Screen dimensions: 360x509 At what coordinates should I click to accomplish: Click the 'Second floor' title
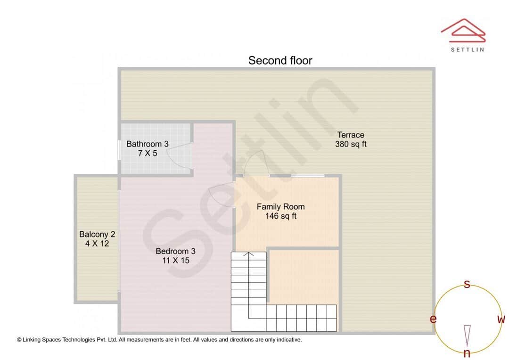point(280,60)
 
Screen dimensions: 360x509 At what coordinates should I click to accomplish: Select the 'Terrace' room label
point(351,135)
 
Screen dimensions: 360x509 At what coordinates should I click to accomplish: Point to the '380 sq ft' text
point(351,145)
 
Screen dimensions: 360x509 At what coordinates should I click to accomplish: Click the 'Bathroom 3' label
point(147,144)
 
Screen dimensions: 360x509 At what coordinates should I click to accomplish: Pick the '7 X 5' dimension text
point(148,153)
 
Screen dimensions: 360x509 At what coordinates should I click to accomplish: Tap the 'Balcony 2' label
point(97,234)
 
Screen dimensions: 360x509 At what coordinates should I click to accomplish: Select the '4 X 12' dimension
point(97,244)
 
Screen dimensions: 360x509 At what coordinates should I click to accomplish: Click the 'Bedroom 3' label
point(175,251)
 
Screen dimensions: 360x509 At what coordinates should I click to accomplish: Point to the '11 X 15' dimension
point(175,260)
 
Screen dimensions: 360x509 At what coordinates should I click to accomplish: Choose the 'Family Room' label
point(280,207)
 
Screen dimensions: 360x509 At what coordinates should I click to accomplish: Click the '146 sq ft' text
point(280,216)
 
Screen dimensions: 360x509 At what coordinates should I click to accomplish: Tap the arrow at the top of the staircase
point(248,255)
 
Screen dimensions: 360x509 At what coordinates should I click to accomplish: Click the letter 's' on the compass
point(467,284)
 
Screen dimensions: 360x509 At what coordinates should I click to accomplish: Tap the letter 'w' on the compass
point(501,319)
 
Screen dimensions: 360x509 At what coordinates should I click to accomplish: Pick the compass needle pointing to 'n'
point(467,335)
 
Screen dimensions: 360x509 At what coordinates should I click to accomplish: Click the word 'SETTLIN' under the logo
point(467,49)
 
